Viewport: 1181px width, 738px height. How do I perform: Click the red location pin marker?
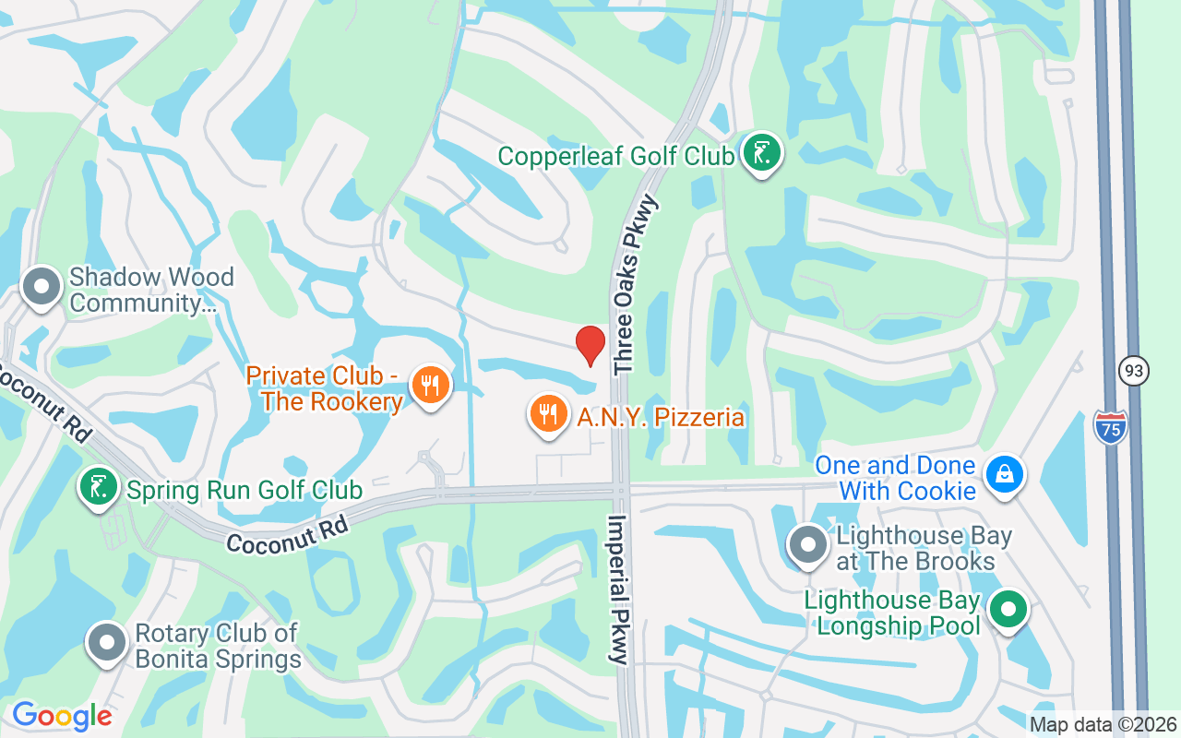click(x=590, y=344)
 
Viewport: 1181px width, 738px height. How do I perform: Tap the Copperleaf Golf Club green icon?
click(x=761, y=152)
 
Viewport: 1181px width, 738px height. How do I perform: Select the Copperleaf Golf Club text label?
click(x=616, y=155)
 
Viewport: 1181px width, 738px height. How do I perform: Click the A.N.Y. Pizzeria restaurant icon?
click(x=549, y=414)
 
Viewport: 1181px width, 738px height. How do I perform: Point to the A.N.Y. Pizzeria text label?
click(x=661, y=417)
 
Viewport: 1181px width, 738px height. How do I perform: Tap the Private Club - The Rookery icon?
click(x=429, y=385)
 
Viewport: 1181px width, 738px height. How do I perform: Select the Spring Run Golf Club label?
click(x=244, y=490)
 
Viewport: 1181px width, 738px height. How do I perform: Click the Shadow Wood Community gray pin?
click(x=42, y=287)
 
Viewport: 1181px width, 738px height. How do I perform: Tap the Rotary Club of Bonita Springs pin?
click(x=106, y=643)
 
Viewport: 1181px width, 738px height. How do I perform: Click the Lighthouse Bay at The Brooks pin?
click(x=809, y=544)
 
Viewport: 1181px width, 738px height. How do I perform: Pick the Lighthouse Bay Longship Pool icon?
click(x=1008, y=610)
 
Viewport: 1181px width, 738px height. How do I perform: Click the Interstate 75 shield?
click(x=1110, y=427)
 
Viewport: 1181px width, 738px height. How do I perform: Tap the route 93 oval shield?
click(x=1134, y=370)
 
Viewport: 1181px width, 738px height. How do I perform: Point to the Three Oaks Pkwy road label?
click(x=638, y=283)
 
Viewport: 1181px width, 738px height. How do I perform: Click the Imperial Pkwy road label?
click(x=616, y=589)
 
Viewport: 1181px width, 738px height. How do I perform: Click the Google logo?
click(x=62, y=716)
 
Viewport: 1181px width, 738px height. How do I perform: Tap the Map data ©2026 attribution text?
click(x=1103, y=724)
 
